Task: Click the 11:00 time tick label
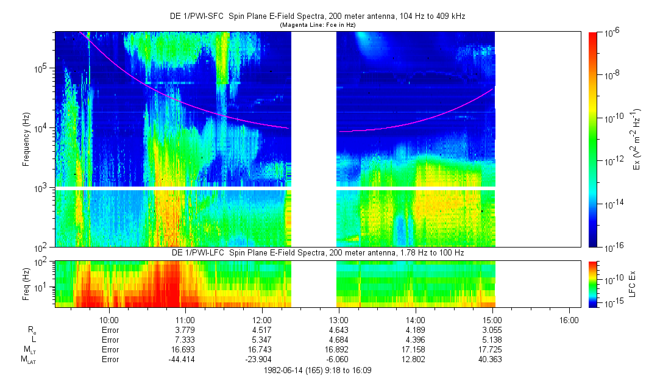[185, 319]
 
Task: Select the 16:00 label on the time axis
[569, 319]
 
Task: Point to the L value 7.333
[185, 340]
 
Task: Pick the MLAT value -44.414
[185, 360]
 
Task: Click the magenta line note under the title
[317, 24]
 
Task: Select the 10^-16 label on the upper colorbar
[611, 248]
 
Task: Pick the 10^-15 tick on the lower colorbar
[611, 303]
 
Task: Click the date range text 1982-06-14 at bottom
[318, 370]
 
